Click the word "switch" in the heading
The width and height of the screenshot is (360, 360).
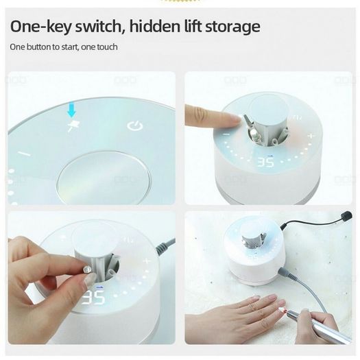[99, 26]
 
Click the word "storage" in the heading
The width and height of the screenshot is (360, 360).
[232, 27]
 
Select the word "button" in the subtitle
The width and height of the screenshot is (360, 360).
[38, 47]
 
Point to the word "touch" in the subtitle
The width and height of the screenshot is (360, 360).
[107, 47]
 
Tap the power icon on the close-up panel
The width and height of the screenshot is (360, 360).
[135, 125]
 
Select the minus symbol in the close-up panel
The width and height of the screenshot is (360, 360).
[24, 154]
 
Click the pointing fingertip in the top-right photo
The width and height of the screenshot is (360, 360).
[237, 119]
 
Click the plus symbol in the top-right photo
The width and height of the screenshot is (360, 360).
[311, 136]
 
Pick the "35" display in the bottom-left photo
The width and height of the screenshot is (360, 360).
[93, 298]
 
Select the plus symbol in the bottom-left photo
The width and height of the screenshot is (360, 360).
[147, 261]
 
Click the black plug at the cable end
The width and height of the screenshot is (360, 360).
[347, 216]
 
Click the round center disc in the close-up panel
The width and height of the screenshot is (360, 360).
[104, 177]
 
